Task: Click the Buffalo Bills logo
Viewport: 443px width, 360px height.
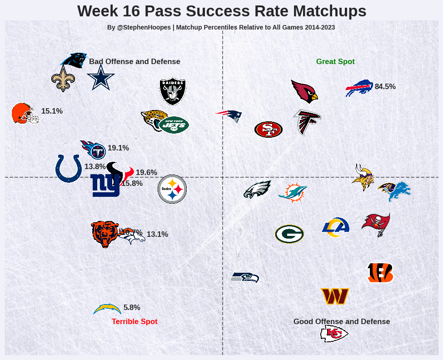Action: pos(359,88)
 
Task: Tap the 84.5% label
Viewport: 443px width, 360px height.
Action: pos(385,87)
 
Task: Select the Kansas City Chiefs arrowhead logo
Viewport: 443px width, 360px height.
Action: pos(334,334)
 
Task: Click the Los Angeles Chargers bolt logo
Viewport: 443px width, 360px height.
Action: pos(107,309)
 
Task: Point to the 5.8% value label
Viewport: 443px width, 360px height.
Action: pos(132,308)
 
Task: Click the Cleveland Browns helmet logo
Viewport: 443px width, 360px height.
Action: pos(25,113)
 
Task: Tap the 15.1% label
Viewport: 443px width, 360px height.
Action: pos(52,111)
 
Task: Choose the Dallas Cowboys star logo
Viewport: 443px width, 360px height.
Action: pos(100,77)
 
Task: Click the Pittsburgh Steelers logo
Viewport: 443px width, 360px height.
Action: pos(172,189)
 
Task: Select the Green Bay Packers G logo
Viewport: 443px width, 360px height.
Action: pos(289,234)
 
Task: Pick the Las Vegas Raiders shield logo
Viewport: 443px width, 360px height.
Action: pos(173,90)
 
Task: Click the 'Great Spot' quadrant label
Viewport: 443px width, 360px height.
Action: pos(335,62)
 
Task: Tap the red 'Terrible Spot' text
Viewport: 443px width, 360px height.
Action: pos(134,322)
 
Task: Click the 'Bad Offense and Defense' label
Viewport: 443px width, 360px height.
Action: pos(134,62)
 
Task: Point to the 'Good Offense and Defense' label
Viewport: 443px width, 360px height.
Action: pos(342,322)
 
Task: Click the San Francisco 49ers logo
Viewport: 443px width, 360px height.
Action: pos(269,130)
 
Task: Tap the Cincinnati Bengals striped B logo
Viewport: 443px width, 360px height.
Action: pos(380,273)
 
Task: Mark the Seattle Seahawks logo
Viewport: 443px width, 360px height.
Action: pos(244,277)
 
